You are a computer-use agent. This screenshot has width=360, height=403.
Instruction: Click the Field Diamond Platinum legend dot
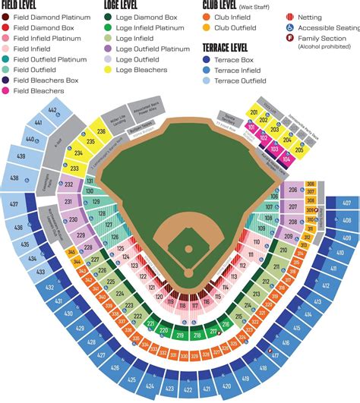coord(5,17)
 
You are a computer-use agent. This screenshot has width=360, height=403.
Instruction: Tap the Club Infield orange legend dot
coord(208,17)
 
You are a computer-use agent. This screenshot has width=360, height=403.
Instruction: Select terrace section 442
coord(54,112)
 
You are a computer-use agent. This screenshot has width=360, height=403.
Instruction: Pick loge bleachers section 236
coord(101,131)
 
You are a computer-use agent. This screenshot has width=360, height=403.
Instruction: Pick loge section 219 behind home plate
coord(179,333)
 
